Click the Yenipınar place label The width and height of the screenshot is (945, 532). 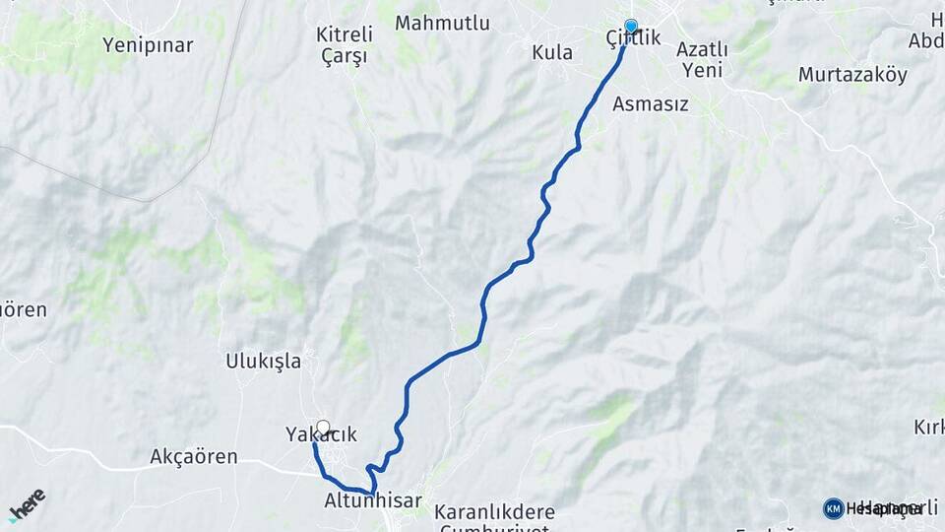pyautogui.click(x=148, y=45)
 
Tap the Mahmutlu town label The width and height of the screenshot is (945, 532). pyautogui.click(x=442, y=23)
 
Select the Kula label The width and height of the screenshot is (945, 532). pyautogui.click(x=551, y=52)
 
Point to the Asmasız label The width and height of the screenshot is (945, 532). pyautogui.click(x=650, y=103)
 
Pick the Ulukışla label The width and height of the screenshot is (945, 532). pyautogui.click(x=264, y=362)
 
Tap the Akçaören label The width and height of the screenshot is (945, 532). pyautogui.click(x=194, y=457)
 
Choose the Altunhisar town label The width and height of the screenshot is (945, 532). pyautogui.click(x=373, y=501)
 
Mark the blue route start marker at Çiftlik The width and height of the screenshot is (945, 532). pyautogui.click(x=631, y=27)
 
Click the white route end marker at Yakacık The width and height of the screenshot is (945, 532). pyautogui.click(x=323, y=428)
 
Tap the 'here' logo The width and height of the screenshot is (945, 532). pyautogui.click(x=28, y=504)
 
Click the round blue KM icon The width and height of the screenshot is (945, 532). pyautogui.click(x=833, y=508)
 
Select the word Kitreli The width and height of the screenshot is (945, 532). pyautogui.click(x=345, y=34)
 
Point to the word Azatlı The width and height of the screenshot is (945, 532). pyautogui.click(x=703, y=49)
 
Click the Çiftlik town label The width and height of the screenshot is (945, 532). pyautogui.click(x=633, y=39)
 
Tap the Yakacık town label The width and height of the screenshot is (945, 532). pyautogui.click(x=321, y=434)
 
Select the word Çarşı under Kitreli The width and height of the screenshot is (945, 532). pyautogui.click(x=345, y=56)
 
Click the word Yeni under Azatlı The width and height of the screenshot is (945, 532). pyautogui.click(x=703, y=70)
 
